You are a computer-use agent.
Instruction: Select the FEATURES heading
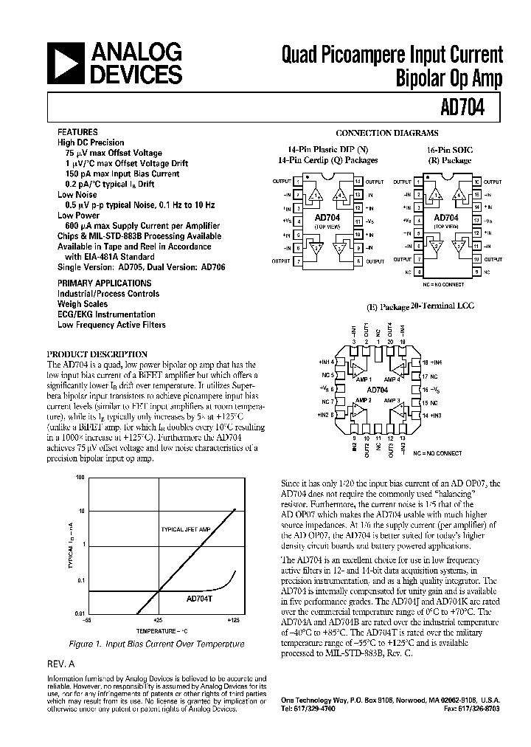pyautogui.click(x=77, y=131)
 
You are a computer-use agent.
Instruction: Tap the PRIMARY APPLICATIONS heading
pyautogui.click(x=105, y=283)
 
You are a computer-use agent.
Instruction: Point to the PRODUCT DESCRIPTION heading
pyautogui.click(x=97, y=354)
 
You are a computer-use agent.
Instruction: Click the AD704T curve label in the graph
pyautogui.click(x=179, y=599)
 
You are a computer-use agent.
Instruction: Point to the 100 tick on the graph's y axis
pyautogui.click(x=80, y=478)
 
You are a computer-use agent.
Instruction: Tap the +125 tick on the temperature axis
pyautogui.click(x=233, y=621)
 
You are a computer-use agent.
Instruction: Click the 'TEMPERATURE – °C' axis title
pyautogui.click(x=162, y=632)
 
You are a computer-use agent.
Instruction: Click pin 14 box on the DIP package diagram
pyautogui.click(x=358, y=181)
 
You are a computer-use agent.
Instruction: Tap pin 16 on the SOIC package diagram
pyautogui.click(x=477, y=181)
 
